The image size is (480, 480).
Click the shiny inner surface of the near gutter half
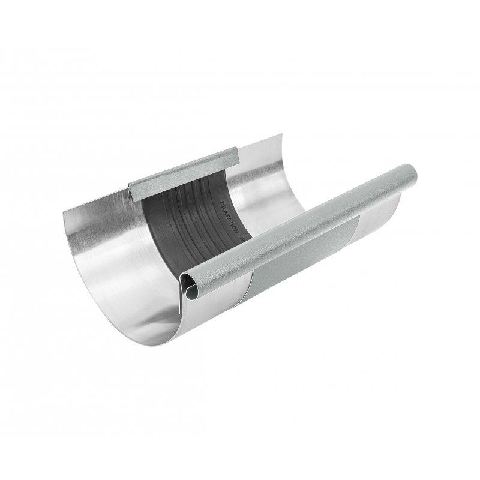[120, 258]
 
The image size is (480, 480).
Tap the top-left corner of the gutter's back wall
[64, 213]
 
